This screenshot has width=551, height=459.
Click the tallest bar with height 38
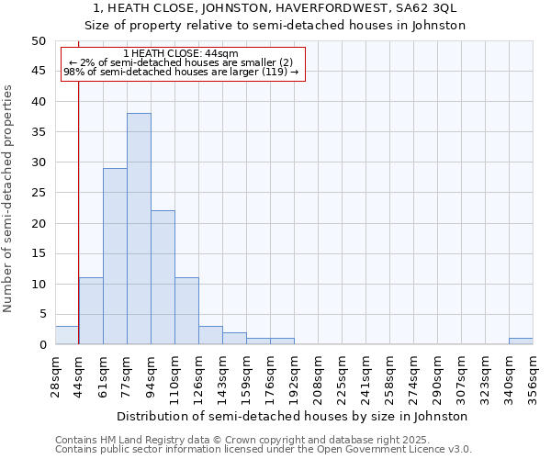click(x=139, y=229)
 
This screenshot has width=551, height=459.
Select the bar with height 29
click(x=115, y=256)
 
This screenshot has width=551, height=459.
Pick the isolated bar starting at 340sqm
click(x=520, y=341)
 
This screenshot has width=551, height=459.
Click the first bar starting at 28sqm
click(x=67, y=335)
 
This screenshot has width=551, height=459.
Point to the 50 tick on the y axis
click(x=39, y=41)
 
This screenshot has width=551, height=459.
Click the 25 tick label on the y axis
click(x=39, y=193)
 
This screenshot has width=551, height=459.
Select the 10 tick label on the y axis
click(x=39, y=284)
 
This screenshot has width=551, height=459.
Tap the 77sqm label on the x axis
click(x=128, y=375)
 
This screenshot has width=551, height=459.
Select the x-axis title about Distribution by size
click(x=293, y=416)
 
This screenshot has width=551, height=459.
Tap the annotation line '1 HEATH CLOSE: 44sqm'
click(x=180, y=54)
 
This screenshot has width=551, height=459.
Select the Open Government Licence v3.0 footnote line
click(x=264, y=449)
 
